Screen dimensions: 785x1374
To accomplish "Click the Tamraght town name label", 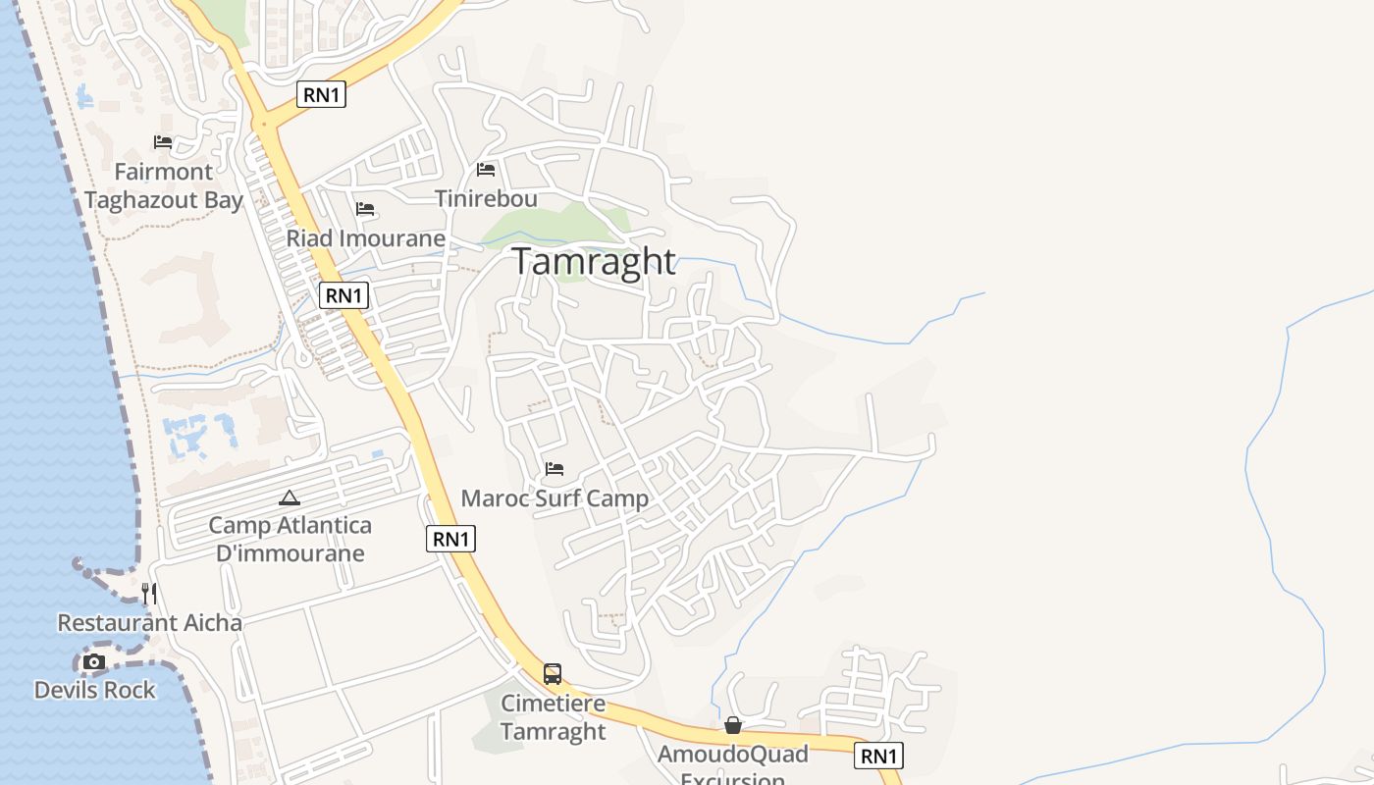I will click(x=594, y=262).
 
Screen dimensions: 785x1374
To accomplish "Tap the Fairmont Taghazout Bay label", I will click(x=163, y=186).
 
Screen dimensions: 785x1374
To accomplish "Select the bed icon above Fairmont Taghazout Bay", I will click(x=163, y=142).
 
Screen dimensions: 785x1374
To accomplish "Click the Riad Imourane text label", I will click(x=365, y=238).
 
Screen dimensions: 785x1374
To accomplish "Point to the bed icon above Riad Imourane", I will click(x=365, y=209).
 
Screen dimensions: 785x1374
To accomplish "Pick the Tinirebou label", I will click(x=486, y=198).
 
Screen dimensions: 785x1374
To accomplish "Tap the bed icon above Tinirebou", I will click(x=486, y=170).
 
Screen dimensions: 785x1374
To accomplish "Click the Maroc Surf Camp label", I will click(x=555, y=498).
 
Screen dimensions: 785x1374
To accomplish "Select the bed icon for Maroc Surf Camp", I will click(x=555, y=469).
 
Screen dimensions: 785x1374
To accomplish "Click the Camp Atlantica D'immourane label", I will click(x=290, y=539).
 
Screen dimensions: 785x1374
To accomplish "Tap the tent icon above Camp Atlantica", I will click(x=289, y=498).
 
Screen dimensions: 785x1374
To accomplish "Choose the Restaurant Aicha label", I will click(x=149, y=623).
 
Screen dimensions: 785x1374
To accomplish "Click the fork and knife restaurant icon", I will click(x=148, y=594).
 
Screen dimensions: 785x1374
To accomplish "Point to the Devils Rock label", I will click(x=94, y=690).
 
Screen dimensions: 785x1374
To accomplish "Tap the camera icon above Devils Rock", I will click(x=94, y=662).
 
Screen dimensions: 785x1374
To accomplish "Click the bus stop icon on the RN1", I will click(x=553, y=674).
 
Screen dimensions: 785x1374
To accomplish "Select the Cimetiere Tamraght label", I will click(x=554, y=717).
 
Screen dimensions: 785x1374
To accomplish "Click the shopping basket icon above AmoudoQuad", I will click(x=733, y=725).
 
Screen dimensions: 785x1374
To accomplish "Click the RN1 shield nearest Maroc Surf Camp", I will click(x=450, y=538).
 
